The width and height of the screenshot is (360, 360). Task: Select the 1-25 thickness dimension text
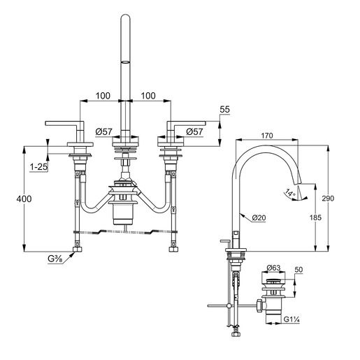38,167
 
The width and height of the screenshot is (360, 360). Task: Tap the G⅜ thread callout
56,259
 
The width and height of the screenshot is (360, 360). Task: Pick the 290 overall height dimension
336,199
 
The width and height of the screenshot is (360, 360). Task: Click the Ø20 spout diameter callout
259,217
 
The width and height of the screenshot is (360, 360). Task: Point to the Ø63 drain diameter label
274,268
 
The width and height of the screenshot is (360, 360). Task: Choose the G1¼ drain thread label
291,321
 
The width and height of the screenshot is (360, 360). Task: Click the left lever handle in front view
63,124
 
